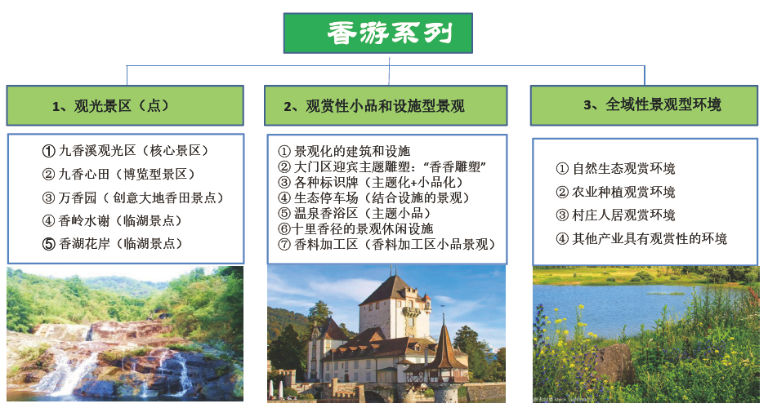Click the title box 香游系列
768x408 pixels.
click(x=378, y=33)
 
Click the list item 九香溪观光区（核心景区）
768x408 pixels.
click(x=125, y=151)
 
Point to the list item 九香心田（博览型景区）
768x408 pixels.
click(x=118, y=174)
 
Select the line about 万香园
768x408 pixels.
click(x=133, y=197)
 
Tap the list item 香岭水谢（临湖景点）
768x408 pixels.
click(x=112, y=220)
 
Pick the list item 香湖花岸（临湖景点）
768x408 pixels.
click(x=112, y=244)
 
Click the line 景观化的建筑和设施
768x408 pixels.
click(x=344, y=151)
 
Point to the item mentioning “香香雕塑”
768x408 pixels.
click(x=382, y=166)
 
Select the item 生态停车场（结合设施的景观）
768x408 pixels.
click(x=373, y=197)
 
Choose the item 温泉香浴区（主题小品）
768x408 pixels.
click(x=355, y=213)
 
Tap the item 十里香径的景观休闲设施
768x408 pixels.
click(x=355, y=228)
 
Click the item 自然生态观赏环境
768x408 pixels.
click(x=616, y=169)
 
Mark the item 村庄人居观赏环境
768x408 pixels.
click(x=616, y=215)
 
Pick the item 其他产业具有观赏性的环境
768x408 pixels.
click(x=641, y=239)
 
